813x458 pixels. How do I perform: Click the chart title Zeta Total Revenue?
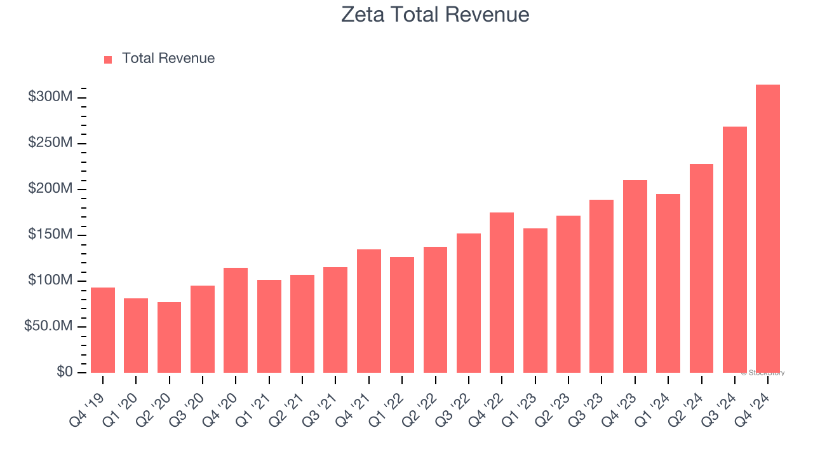point(435,14)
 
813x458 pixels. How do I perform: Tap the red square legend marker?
point(108,59)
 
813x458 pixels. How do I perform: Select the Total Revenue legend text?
point(168,59)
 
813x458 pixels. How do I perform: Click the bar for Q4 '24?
point(768,229)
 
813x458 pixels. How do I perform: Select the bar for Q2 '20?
point(169,337)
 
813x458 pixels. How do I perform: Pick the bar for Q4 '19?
point(103,330)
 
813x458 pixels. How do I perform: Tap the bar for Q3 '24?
point(734,249)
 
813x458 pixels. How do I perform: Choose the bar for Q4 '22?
point(502,293)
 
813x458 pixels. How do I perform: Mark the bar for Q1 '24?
point(668,283)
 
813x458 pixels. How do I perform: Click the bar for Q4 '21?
point(369,311)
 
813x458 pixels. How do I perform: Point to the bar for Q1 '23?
point(535,300)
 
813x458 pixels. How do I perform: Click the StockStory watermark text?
point(763,373)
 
